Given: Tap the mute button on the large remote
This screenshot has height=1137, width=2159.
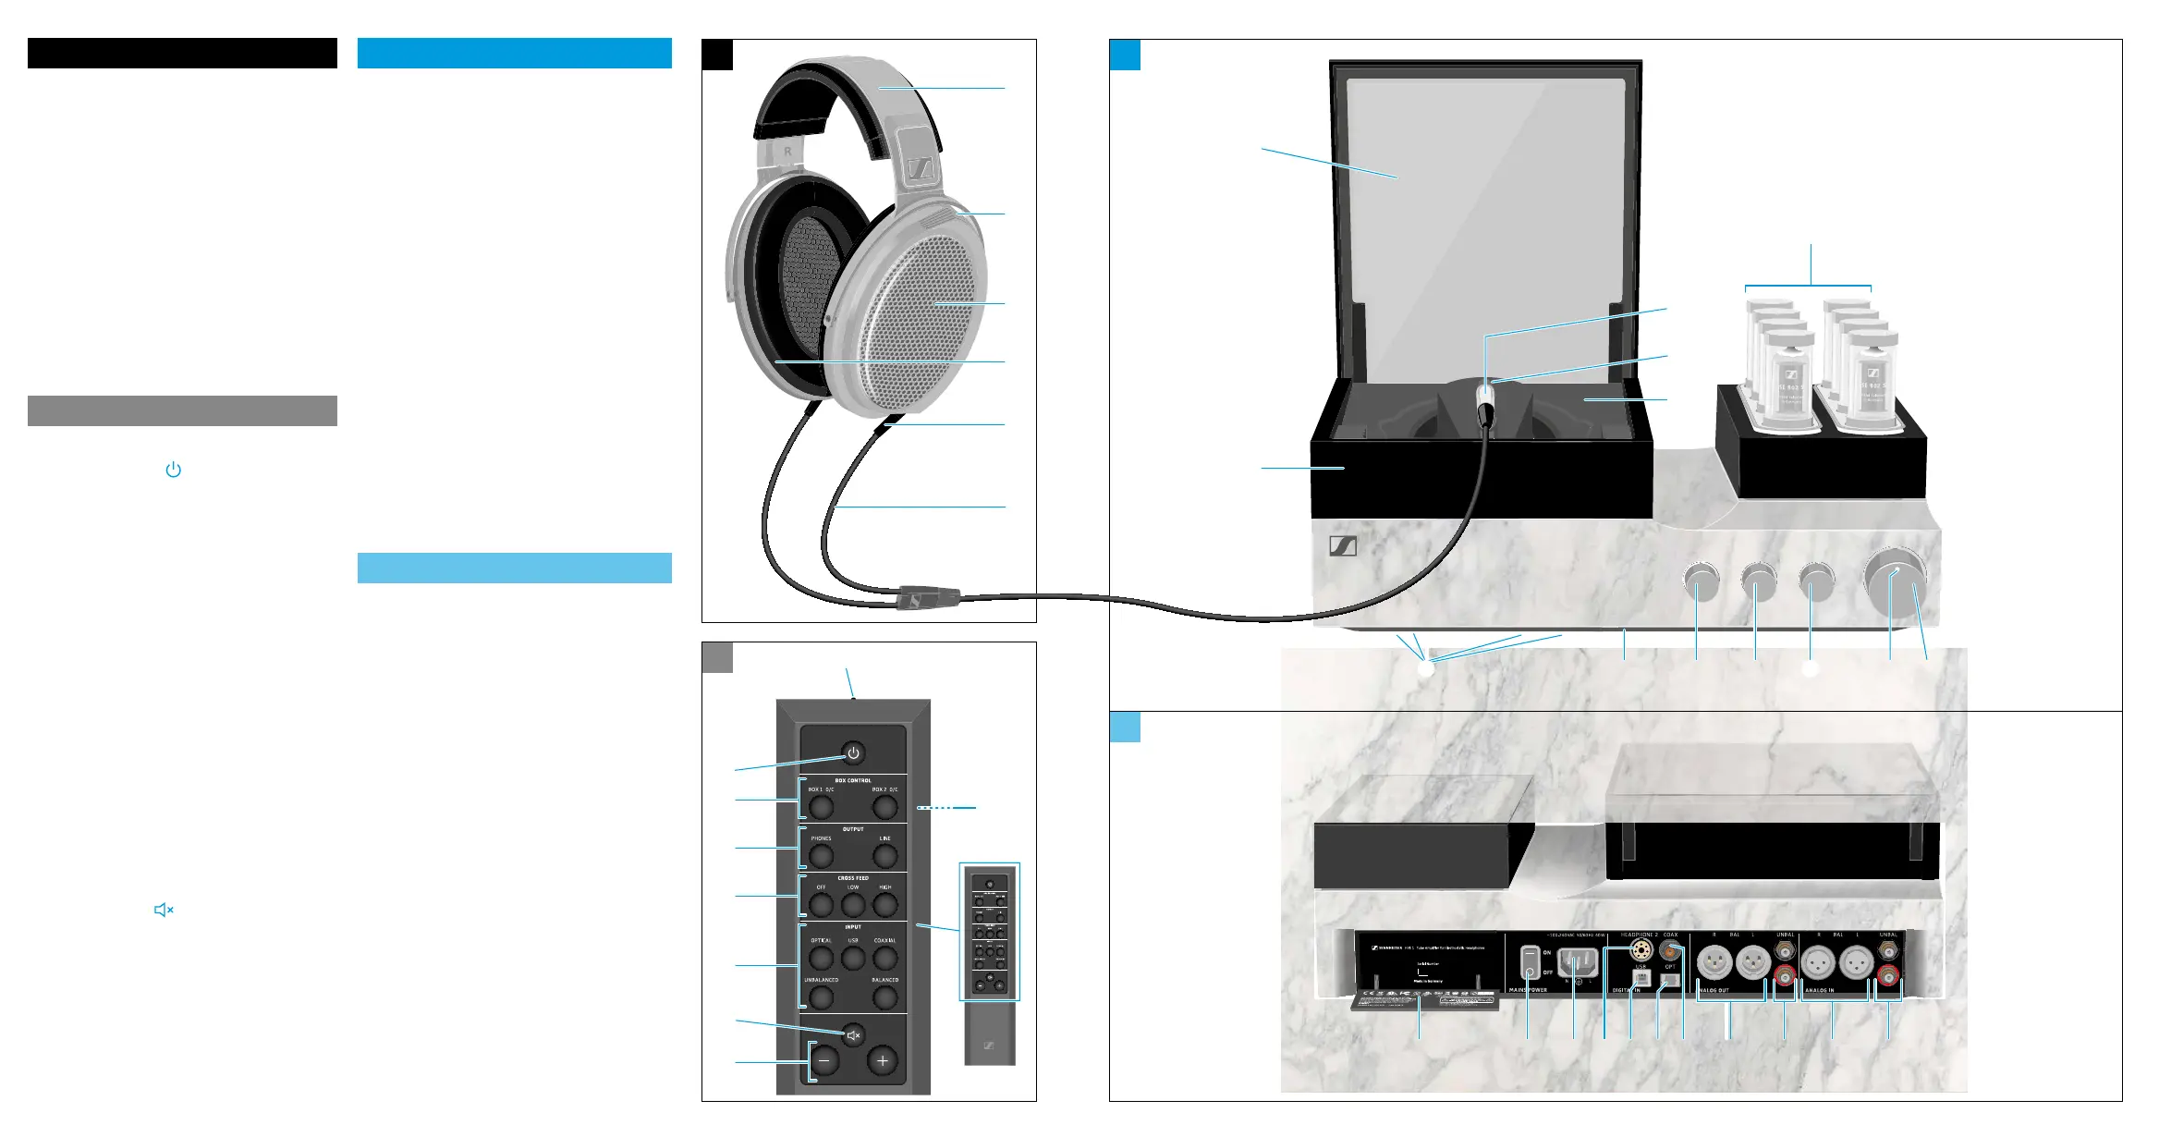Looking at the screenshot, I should coord(854,1035).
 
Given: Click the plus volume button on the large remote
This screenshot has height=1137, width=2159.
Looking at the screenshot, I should coord(883,1061).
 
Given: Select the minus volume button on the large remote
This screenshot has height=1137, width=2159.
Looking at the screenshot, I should coord(825,1061).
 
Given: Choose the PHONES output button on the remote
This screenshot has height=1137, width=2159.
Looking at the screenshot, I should coord(822,855).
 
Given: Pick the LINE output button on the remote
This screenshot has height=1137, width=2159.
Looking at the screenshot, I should coord(884,855).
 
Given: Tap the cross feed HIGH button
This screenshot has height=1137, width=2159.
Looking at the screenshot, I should coord(884,903).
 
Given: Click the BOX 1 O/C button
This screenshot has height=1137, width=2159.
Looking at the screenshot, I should coord(821,806).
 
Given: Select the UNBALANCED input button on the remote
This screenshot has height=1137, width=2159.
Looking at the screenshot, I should coord(821,996).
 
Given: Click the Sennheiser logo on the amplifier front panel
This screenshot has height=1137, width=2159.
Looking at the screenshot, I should coord(1343,546).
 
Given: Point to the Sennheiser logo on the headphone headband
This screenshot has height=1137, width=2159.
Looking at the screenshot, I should coord(921,169).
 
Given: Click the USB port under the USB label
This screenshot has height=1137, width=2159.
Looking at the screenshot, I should coord(1641,978).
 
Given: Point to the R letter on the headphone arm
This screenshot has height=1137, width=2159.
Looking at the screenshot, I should coord(787,151).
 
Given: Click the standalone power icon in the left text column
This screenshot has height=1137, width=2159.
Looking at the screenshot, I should coord(173,470).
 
